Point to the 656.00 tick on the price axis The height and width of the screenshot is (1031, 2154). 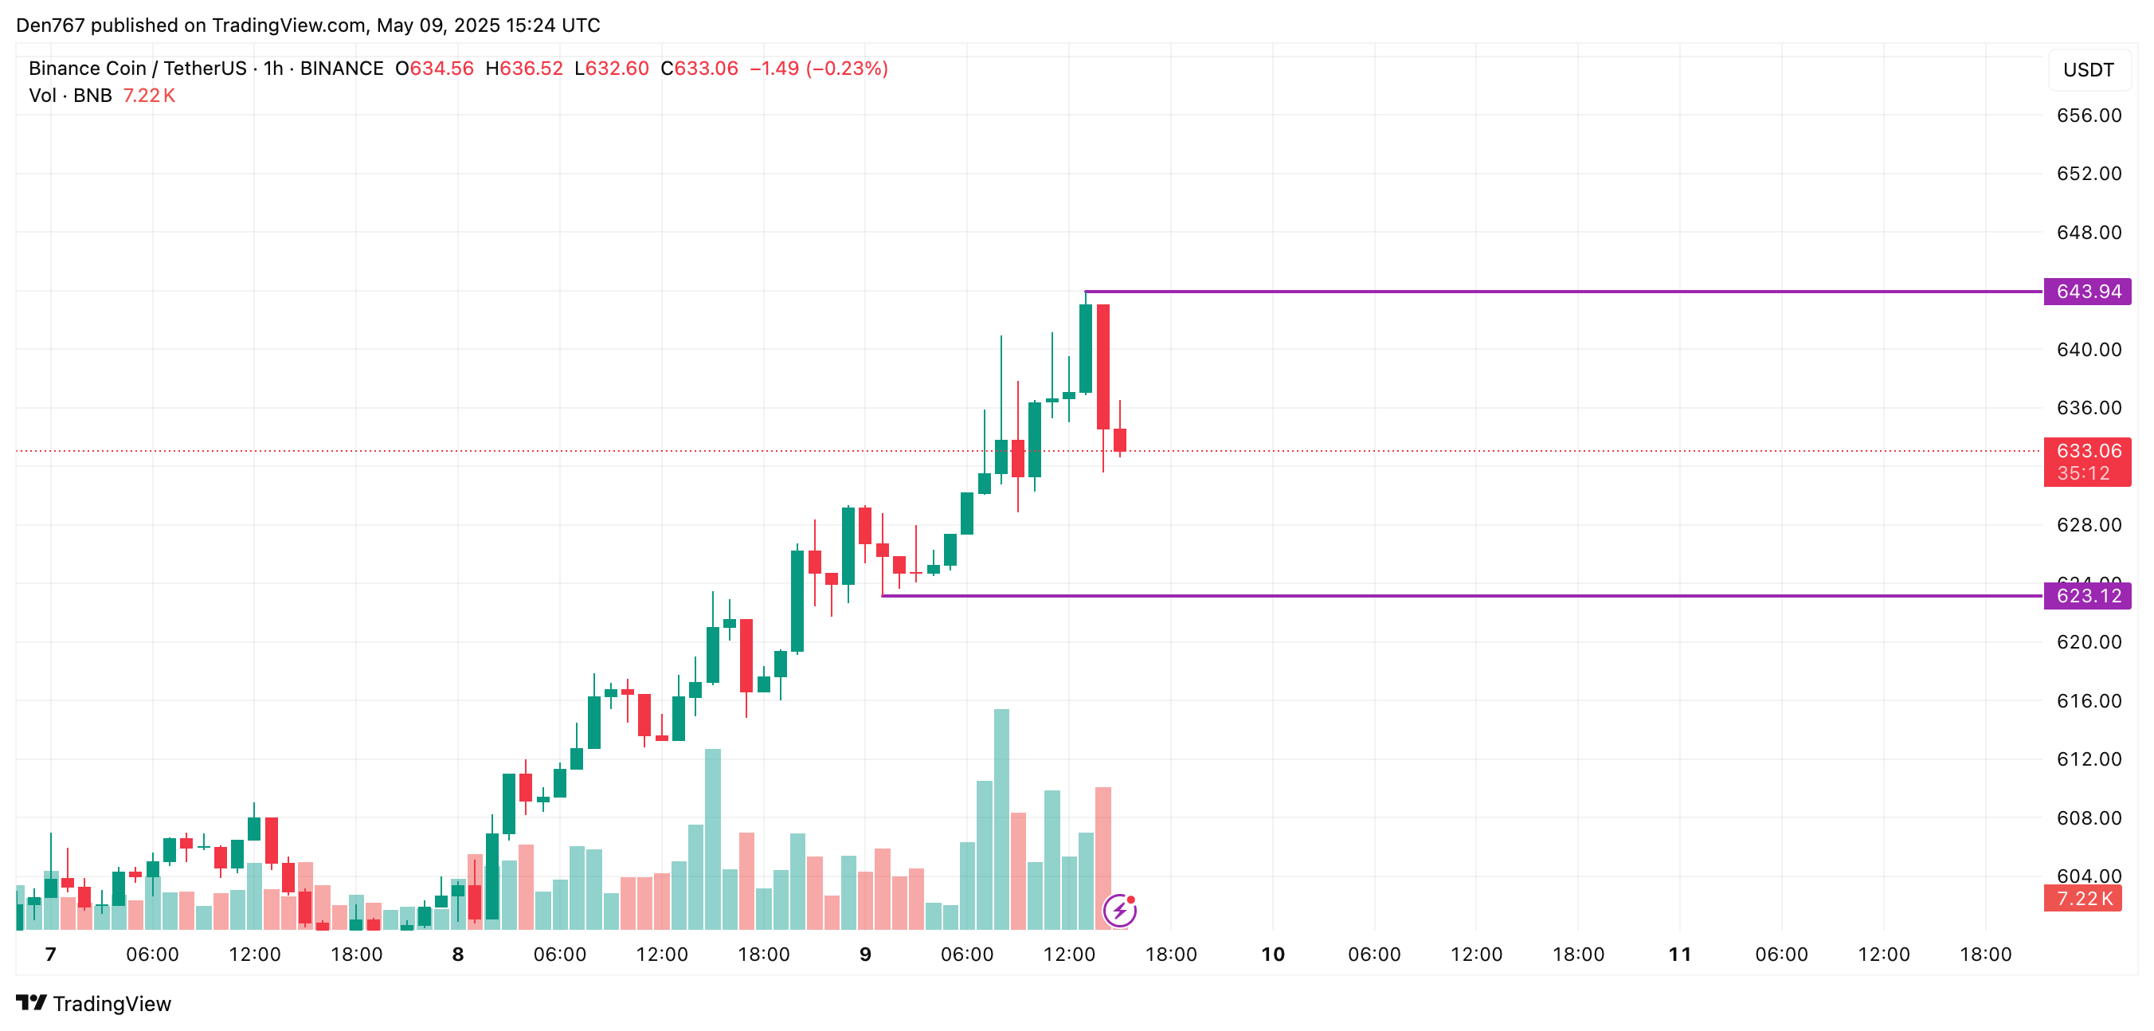click(2088, 116)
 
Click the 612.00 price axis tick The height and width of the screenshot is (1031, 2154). click(2088, 759)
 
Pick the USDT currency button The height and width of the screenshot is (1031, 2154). click(2088, 70)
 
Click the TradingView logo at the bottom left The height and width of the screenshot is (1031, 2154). click(94, 1003)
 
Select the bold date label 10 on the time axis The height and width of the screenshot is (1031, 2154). click(1272, 954)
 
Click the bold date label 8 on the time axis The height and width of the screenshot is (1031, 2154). click(457, 954)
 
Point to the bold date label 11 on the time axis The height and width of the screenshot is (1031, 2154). click(1679, 954)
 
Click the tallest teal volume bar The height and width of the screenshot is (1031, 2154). click(1001, 819)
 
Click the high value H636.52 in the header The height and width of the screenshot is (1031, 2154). click(524, 69)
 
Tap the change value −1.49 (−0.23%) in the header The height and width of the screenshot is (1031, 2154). click(818, 69)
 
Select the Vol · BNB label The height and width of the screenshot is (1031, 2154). click(70, 96)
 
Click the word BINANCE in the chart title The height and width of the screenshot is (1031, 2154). click(341, 69)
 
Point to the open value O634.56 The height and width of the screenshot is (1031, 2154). click(434, 69)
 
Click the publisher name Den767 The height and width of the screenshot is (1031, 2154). click(50, 25)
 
